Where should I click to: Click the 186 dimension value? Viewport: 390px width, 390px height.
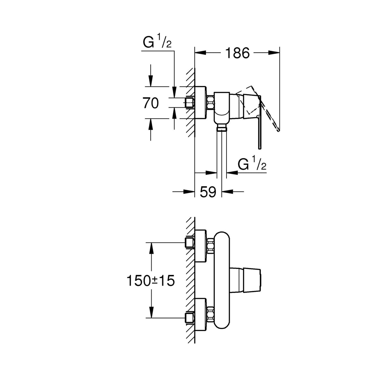click(237, 53)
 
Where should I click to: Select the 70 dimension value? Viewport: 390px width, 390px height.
click(151, 103)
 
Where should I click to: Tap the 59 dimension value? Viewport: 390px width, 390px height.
click(208, 192)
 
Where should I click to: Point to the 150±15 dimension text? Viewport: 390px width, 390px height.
click(151, 281)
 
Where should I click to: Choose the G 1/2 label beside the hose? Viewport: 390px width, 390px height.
click(252, 165)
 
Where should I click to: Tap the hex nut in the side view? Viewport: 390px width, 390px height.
click(210, 102)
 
